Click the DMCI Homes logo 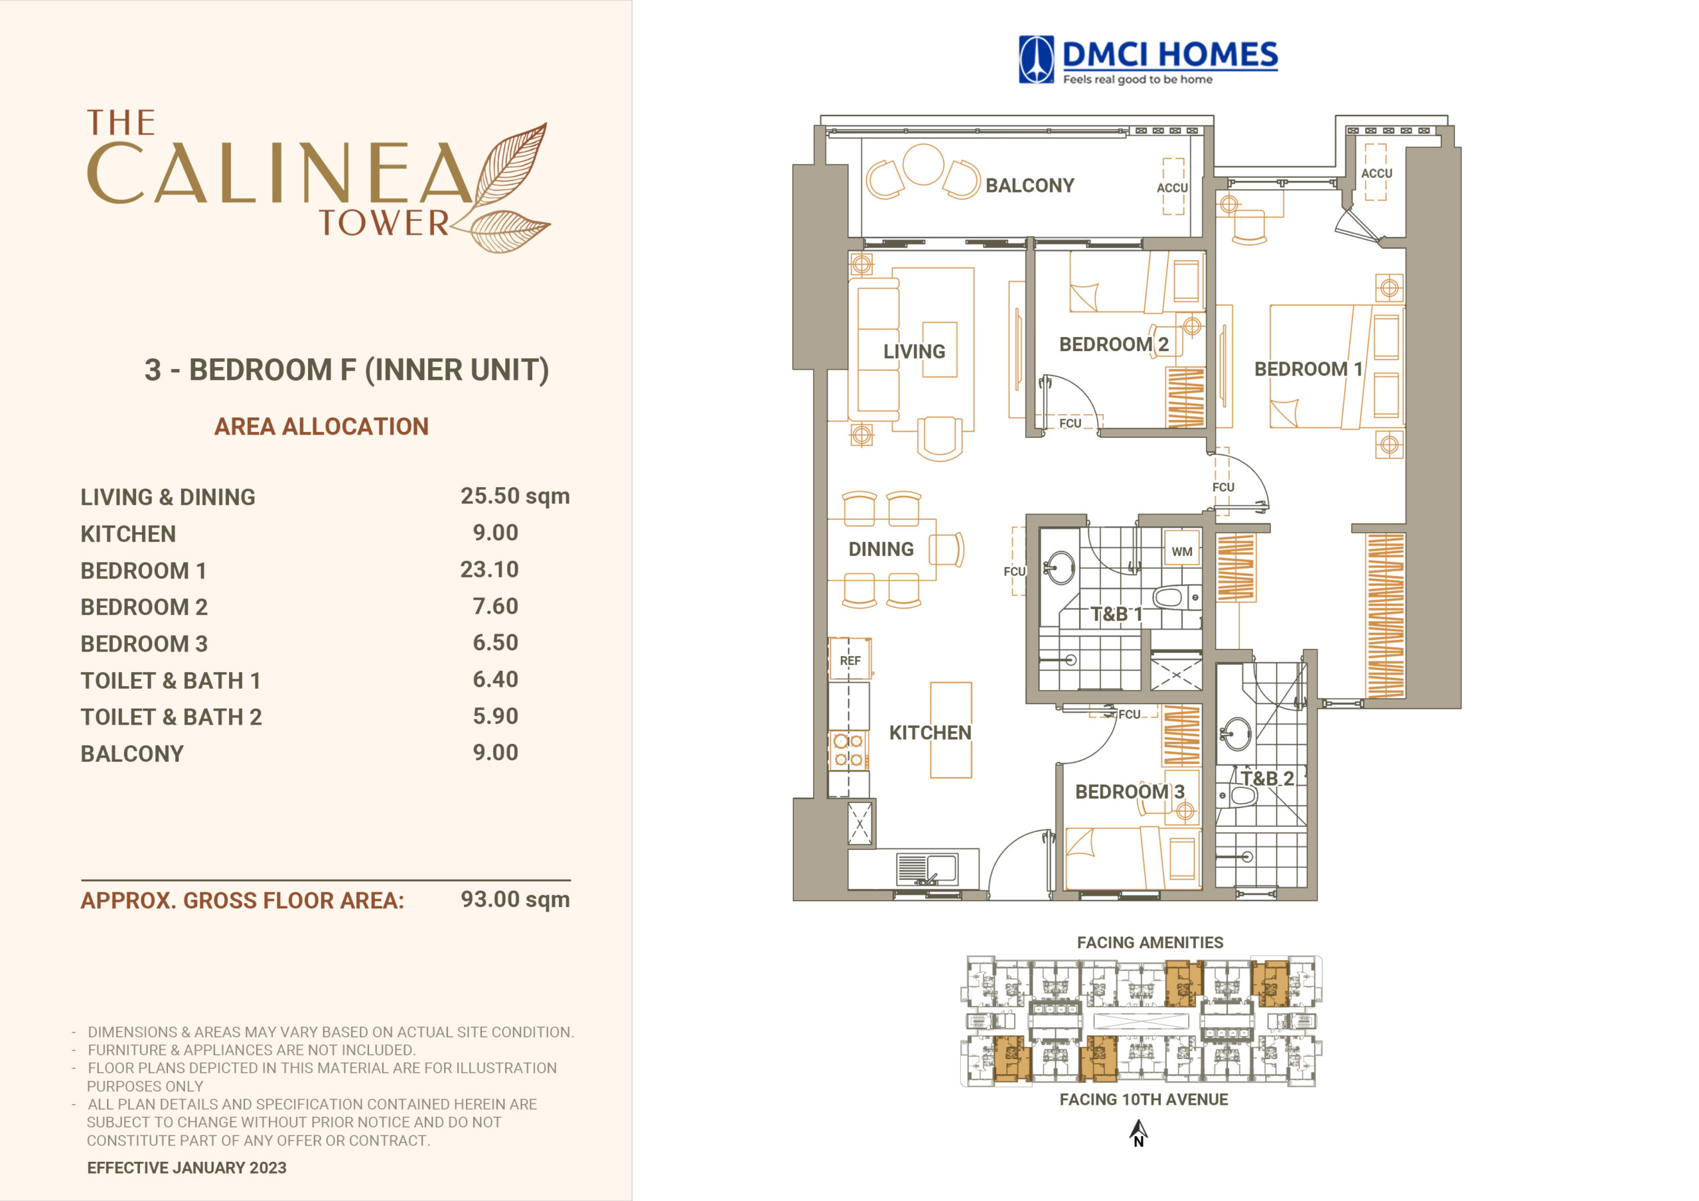1147,60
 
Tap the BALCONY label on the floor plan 1029,186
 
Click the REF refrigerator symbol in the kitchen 849,659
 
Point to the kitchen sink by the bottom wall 926,869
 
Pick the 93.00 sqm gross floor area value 515,900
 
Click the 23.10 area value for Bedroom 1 489,569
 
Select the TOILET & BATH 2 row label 171,717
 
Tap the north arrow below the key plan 1139,1133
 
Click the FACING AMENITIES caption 1150,943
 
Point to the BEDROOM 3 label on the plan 1129,792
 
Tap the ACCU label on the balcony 1172,188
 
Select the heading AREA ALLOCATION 321,426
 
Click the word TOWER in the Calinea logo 384,224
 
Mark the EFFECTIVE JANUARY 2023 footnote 186,1168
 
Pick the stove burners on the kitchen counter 849,750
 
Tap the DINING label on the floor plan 881,549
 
